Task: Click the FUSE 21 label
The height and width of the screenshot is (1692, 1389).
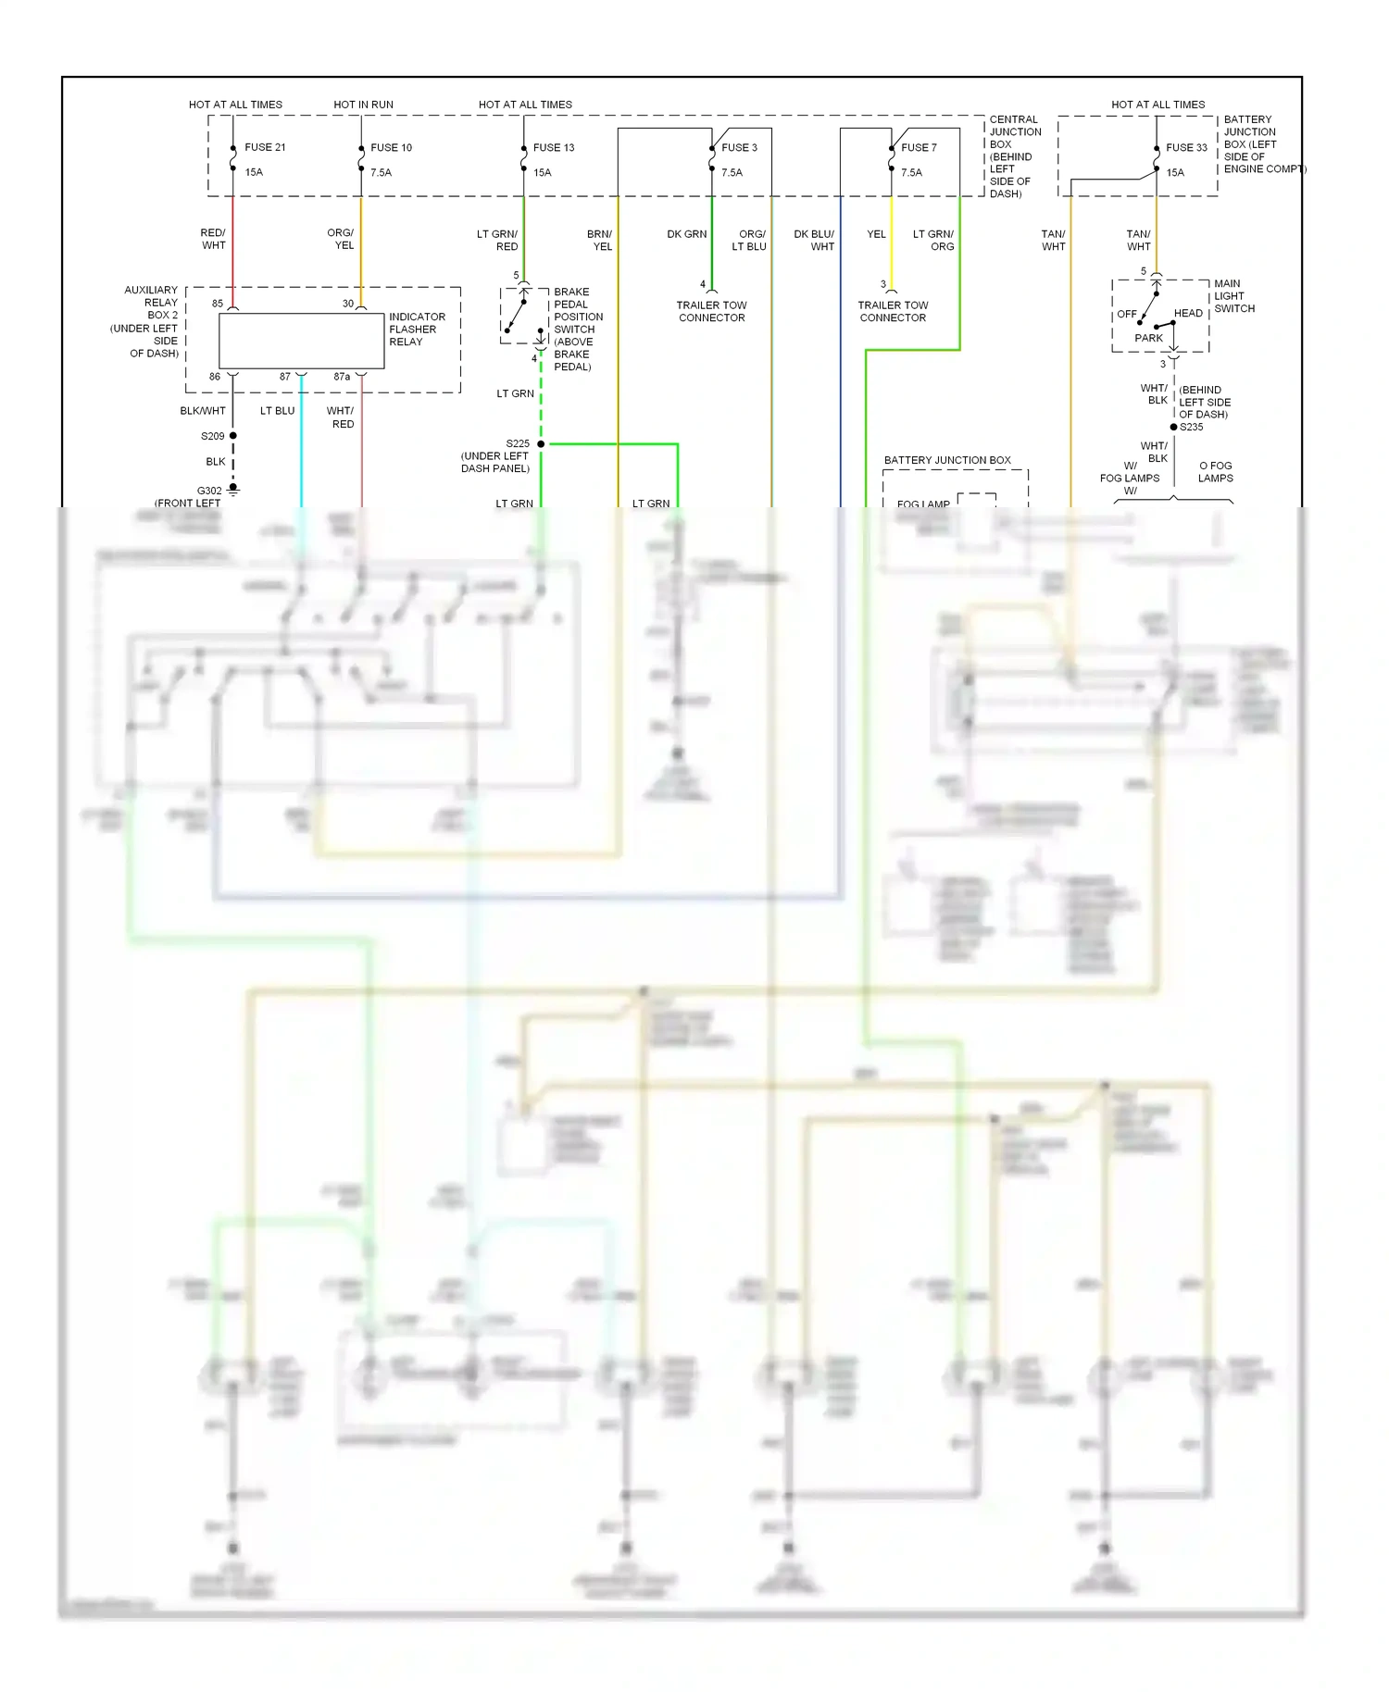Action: pyautogui.click(x=265, y=147)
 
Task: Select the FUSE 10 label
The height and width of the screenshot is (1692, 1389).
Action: pyautogui.click(x=391, y=147)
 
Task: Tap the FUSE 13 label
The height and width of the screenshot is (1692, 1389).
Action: pyautogui.click(x=553, y=147)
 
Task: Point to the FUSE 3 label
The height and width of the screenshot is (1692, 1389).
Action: pyautogui.click(x=739, y=147)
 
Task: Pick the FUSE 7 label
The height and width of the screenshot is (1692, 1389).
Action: pyautogui.click(x=919, y=147)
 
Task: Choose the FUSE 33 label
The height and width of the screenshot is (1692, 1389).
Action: pyautogui.click(x=1186, y=147)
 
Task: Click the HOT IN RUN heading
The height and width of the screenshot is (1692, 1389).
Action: pyautogui.click(x=363, y=105)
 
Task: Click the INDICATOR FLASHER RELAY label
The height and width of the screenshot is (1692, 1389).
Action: pyautogui.click(x=417, y=330)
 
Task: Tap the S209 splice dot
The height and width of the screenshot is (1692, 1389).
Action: pyautogui.click(x=233, y=435)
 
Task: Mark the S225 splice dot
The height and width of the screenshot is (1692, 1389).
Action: pyautogui.click(x=541, y=444)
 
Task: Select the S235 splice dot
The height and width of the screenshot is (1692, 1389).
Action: pyautogui.click(x=1173, y=427)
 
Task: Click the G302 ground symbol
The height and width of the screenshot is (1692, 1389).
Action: pyautogui.click(x=233, y=489)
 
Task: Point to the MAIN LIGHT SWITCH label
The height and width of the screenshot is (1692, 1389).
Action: pyautogui.click(x=1233, y=296)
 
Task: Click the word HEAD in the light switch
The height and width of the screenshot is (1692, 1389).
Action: pyautogui.click(x=1188, y=313)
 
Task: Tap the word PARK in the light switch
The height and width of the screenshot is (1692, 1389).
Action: pyautogui.click(x=1148, y=338)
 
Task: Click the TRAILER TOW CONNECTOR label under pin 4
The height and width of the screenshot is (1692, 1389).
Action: pyautogui.click(x=711, y=311)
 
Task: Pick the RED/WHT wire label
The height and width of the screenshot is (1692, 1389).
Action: pyautogui.click(x=213, y=239)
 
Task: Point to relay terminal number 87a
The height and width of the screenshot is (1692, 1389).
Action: pyautogui.click(x=342, y=377)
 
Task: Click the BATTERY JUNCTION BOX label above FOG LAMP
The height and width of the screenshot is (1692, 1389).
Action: pyautogui.click(x=947, y=460)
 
